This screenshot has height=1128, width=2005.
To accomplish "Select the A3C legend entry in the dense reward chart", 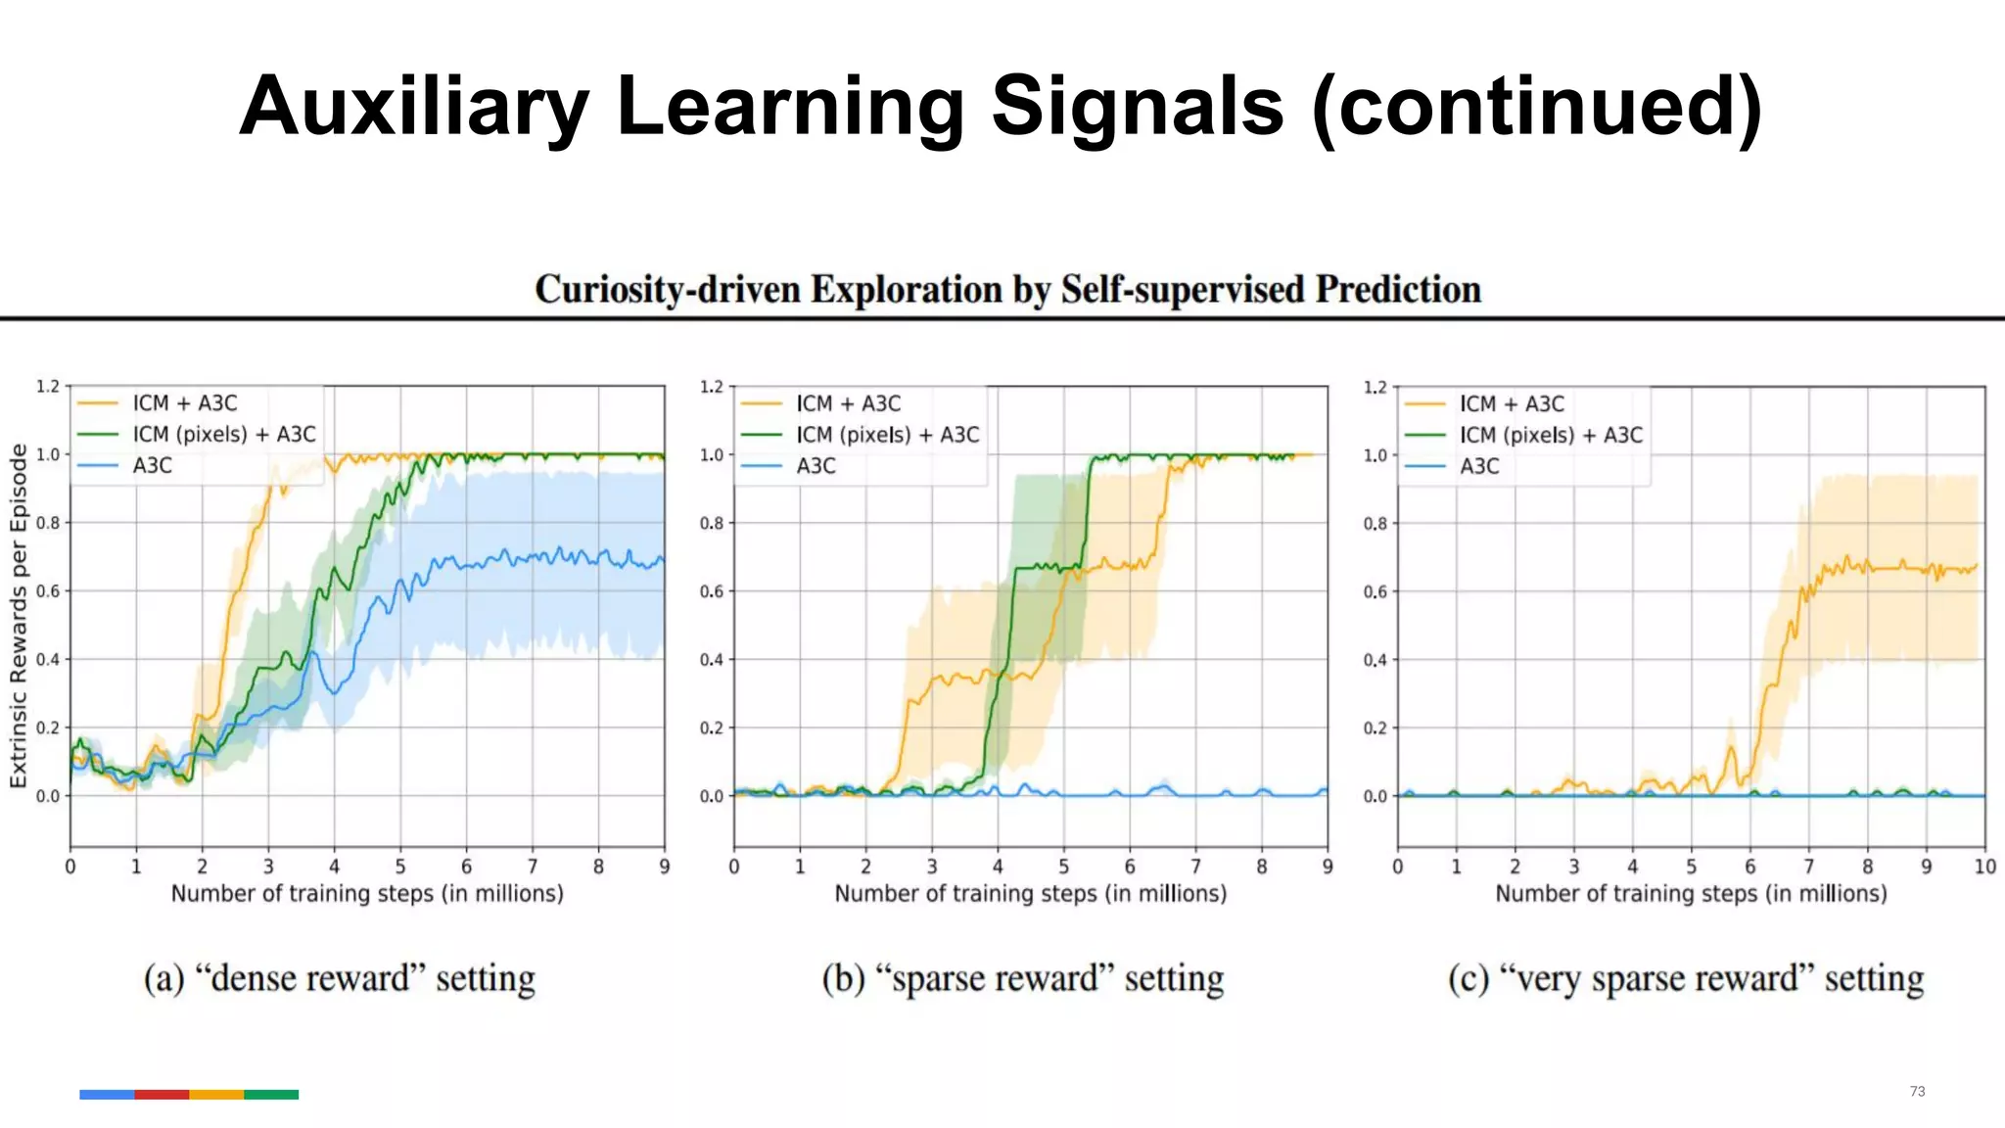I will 152,465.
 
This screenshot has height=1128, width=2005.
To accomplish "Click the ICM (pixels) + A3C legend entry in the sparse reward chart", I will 887,435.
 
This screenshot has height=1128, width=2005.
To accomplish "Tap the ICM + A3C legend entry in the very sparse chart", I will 1512,403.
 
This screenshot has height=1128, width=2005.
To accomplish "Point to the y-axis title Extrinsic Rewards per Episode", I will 18,616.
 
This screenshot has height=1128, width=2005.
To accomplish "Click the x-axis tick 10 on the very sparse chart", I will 1984,867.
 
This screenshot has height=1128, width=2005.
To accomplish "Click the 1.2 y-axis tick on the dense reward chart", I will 48,386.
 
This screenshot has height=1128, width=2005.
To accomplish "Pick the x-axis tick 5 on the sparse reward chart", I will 1063,867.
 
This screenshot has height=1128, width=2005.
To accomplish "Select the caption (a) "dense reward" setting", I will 340,978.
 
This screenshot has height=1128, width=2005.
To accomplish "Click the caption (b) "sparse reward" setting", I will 1023,978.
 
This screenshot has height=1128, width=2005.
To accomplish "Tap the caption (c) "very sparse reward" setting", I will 1686,978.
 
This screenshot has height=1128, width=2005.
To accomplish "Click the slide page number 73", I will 1917,1091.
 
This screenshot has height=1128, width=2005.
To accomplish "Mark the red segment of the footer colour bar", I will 162,1095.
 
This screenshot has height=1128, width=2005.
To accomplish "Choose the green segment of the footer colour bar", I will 271,1095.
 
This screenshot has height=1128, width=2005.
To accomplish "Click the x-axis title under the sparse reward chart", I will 1030,893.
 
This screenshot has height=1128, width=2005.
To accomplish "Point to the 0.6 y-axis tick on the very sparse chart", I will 1375,591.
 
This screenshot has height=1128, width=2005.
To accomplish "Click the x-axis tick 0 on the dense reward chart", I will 70,867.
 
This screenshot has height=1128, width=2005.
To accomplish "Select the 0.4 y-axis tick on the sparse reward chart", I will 711,660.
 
